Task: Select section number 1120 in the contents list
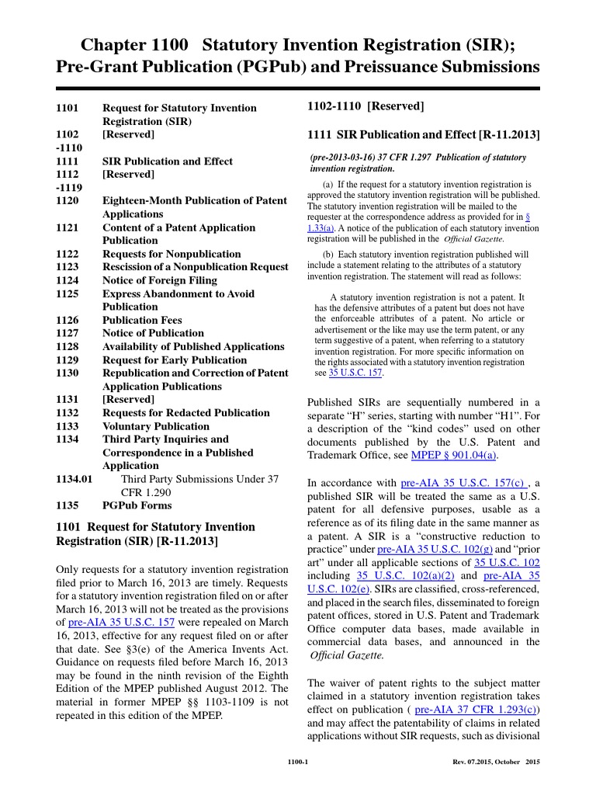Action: [x=68, y=200]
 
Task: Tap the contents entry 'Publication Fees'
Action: [x=142, y=320]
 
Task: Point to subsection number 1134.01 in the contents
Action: [x=75, y=479]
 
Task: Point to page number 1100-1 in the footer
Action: [x=298, y=762]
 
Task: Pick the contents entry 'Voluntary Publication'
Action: [x=156, y=426]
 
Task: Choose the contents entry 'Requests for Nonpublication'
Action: [x=172, y=254]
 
